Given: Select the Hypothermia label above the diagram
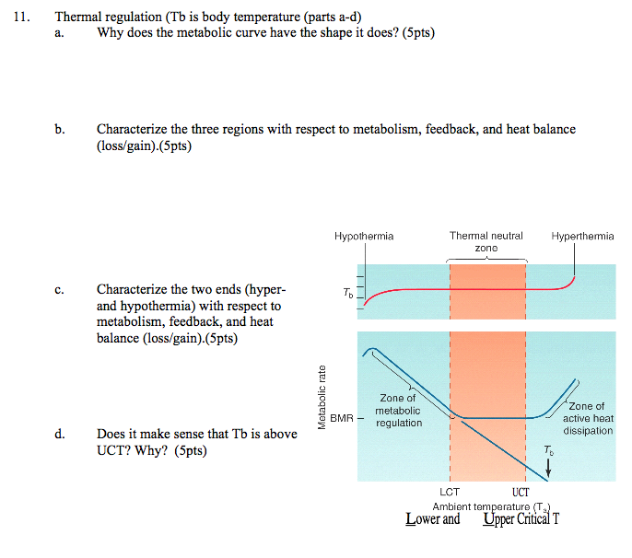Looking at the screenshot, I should pos(364,236).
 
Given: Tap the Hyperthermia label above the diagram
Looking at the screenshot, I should pos(582,236).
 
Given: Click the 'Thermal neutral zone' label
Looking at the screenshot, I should pos(486,242).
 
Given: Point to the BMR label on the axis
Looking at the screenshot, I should pos(342,417).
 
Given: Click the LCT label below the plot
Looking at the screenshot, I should pos(450,492).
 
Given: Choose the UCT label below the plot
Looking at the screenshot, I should pos(521,492).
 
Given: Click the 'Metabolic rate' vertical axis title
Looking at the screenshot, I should pos(322,398).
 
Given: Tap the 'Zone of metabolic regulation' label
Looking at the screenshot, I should pos(399,410).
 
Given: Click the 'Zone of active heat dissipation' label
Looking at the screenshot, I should pos(588,418).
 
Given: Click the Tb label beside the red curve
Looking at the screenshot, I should pos(346,294).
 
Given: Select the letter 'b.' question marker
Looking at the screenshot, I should pos(59,130).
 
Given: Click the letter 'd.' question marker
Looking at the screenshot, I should pos(59,433).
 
